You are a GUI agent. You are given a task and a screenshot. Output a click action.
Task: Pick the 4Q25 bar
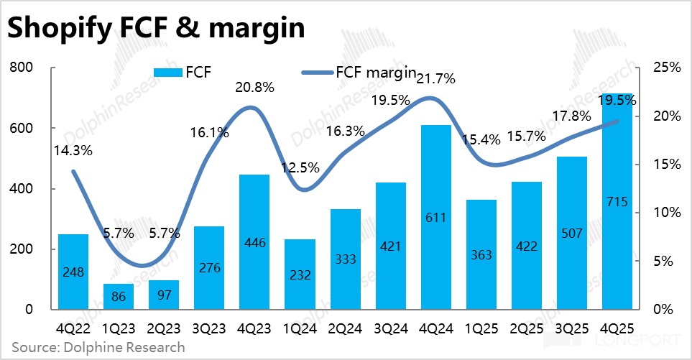(x=618, y=201)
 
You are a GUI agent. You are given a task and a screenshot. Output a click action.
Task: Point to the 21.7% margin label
(x=436, y=80)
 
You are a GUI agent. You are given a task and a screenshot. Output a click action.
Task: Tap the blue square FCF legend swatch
(x=167, y=73)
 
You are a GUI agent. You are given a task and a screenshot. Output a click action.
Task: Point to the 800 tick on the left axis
(x=24, y=68)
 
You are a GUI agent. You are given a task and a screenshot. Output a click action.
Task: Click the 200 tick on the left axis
(x=24, y=249)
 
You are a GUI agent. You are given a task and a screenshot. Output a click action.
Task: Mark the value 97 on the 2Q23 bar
(x=165, y=295)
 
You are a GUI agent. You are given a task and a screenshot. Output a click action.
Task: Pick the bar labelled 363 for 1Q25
(x=482, y=254)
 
